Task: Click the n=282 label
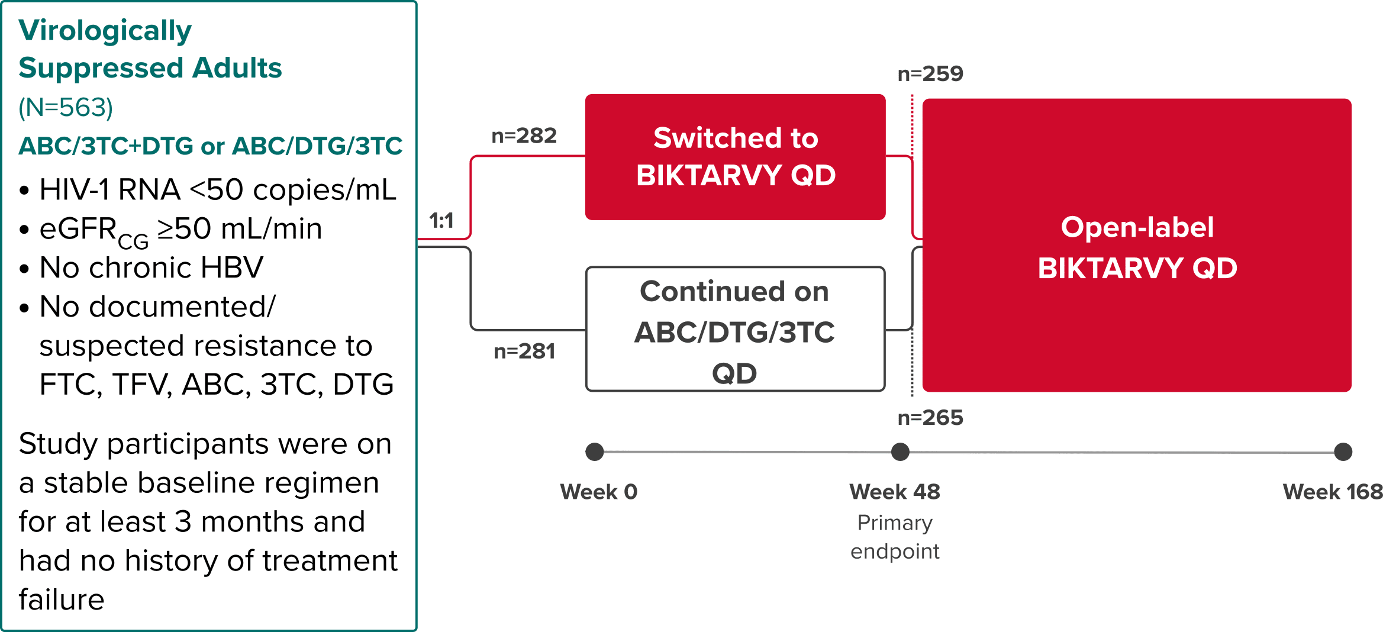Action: click(x=524, y=136)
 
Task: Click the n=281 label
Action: click(x=524, y=352)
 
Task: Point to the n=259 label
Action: click(x=930, y=74)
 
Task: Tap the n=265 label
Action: click(x=930, y=418)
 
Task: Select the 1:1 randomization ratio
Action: click(x=441, y=221)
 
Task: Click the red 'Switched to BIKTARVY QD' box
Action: click(x=735, y=157)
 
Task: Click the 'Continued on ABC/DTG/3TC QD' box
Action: click(x=735, y=330)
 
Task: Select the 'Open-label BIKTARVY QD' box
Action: click(x=1137, y=246)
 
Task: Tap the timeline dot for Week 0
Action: click(x=595, y=452)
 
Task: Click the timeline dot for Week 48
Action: click(x=900, y=452)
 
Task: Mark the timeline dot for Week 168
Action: click(x=1343, y=452)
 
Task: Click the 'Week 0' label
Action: click(x=599, y=492)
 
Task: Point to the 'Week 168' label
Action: click(x=1332, y=492)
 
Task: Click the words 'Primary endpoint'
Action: click(x=895, y=537)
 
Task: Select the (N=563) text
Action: click(x=66, y=108)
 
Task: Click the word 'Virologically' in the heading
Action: click(x=105, y=31)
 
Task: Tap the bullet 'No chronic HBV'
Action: click(x=151, y=267)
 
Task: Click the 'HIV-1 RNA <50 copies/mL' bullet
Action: click(x=218, y=190)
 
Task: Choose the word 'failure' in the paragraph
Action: click(x=62, y=599)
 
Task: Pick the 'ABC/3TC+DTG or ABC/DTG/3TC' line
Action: click(x=211, y=146)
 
